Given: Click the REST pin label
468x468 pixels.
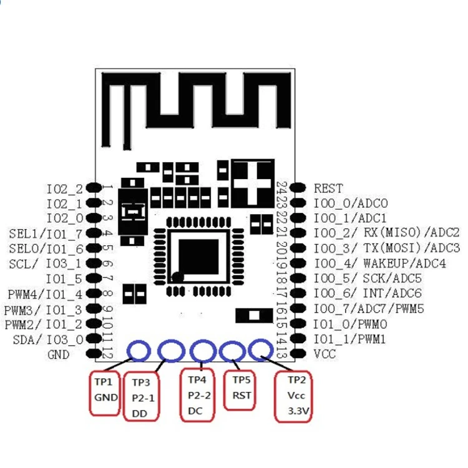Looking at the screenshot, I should [x=328, y=188].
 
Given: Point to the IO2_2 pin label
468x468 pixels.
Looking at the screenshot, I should [x=64, y=188].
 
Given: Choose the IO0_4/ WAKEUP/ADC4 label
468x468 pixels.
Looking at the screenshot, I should [x=379, y=263].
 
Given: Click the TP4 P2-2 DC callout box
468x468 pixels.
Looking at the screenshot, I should [x=199, y=395].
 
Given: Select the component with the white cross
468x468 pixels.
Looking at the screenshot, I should [x=253, y=181].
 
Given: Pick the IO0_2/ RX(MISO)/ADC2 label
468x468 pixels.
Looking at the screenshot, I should [x=387, y=233].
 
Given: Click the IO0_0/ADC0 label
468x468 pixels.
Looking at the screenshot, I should [x=351, y=203].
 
